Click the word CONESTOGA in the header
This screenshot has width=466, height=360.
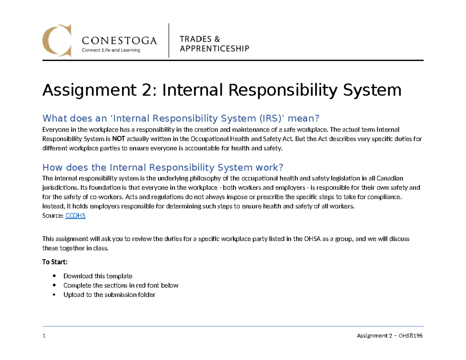(120, 40)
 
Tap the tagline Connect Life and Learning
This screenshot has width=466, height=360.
(110, 50)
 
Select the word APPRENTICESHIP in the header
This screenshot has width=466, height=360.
(214, 48)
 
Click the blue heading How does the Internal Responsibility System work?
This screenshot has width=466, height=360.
(163, 167)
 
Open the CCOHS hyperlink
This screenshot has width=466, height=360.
(76, 216)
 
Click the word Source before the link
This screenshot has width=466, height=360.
(52, 216)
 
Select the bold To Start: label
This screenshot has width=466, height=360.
(55, 262)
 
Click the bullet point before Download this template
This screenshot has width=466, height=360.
(54, 276)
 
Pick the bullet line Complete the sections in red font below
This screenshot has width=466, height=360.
(121, 285)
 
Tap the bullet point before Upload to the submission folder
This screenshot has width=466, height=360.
(54, 295)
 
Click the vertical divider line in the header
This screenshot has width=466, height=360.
(169, 40)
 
